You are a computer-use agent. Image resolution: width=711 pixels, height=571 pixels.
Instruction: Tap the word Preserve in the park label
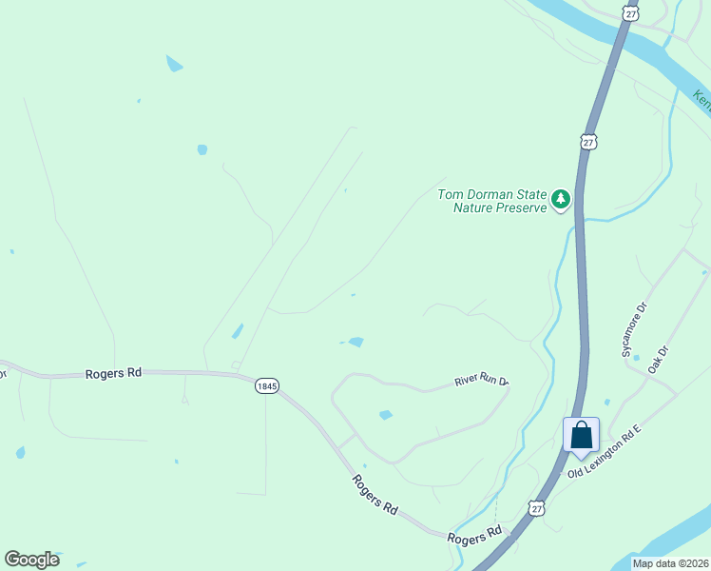(x=522, y=207)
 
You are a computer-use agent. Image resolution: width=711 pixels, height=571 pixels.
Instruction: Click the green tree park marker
(x=561, y=199)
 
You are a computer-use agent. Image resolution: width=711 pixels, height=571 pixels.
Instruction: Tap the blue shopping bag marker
(x=582, y=435)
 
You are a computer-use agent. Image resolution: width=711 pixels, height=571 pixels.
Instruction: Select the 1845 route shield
(x=267, y=386)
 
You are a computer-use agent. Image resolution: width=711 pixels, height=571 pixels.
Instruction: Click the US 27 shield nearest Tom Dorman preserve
(x=589, y=142)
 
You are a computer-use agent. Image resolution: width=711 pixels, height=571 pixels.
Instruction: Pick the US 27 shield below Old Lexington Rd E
(x=538, y=509)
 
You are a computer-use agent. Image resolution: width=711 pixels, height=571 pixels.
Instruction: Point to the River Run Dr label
(x=481, y=381)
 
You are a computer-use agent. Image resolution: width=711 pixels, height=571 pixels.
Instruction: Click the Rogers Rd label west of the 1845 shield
(x=112, y=373)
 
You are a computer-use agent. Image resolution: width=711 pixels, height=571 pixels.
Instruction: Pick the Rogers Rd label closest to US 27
(x=474, y=535)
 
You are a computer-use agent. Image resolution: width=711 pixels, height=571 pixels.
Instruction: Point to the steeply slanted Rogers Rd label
(x=374, y=495)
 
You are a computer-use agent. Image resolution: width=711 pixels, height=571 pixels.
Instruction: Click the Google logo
(x=31, y=560)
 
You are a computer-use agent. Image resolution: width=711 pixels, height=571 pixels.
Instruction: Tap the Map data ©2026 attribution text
(x=669, y=563)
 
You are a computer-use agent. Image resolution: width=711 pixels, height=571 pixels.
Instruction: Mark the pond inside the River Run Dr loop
(x=385, y=415)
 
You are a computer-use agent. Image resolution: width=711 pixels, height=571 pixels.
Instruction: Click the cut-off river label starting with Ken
(x=701, y=99)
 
